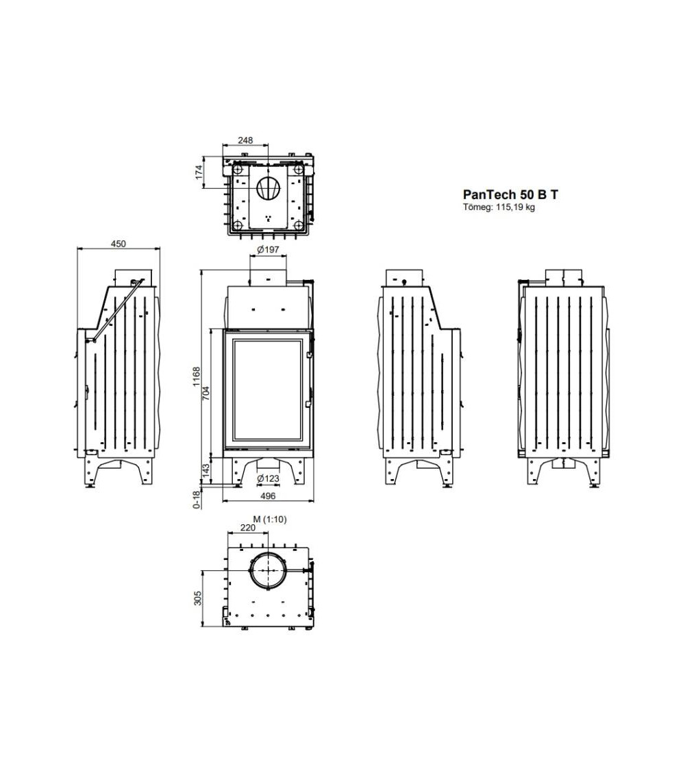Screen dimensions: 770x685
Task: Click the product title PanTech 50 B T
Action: coord(510,194)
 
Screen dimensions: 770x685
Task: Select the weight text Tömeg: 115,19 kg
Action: coord(499,207)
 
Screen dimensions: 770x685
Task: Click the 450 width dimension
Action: coord(119,244)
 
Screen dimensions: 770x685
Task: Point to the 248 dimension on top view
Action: coord(245,140)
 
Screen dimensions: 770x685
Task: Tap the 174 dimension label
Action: coord(199,172)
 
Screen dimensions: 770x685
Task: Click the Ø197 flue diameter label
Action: coord(268,250)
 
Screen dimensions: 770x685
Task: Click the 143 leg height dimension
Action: coord(206,471)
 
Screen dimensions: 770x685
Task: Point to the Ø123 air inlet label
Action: coord(268,478)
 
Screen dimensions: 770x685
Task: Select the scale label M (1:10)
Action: coord(270,519)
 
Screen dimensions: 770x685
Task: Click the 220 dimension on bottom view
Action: coord(247,528)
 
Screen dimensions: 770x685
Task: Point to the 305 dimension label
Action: coord(198,598)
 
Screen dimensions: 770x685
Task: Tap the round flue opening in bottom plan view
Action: coord(268,569)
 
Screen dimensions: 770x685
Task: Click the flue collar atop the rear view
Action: coord(564,276)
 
